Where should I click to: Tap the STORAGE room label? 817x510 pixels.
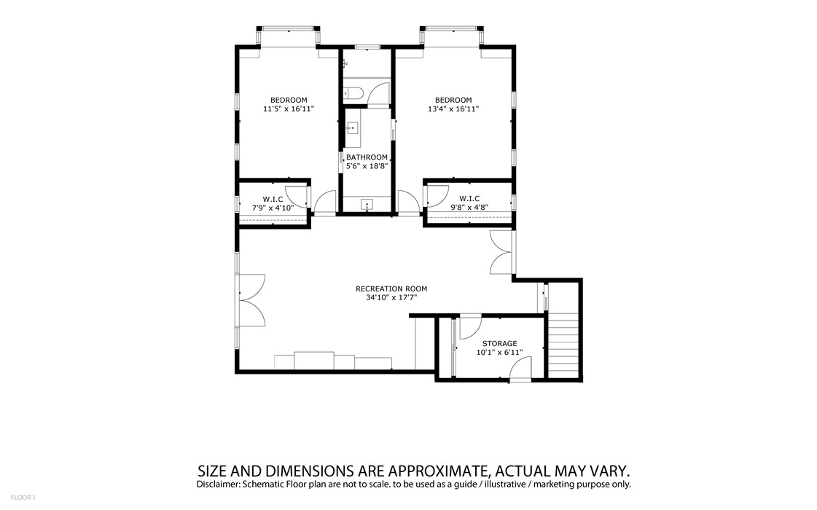(499, 343)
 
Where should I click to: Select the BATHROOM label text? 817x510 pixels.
(367, 157)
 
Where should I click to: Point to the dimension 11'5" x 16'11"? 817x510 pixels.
(289, 109)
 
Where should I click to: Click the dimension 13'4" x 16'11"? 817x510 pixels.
(453, 109)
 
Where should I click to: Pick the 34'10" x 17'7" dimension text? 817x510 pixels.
(391, 298)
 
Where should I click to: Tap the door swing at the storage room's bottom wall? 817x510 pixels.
(520, 369)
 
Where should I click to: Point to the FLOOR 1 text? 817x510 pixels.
(23, 498)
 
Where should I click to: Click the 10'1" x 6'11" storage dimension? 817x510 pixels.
(499, 352)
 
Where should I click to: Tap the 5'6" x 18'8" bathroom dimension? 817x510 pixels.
(367, 166)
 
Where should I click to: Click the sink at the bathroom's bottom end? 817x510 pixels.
(367, 205)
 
